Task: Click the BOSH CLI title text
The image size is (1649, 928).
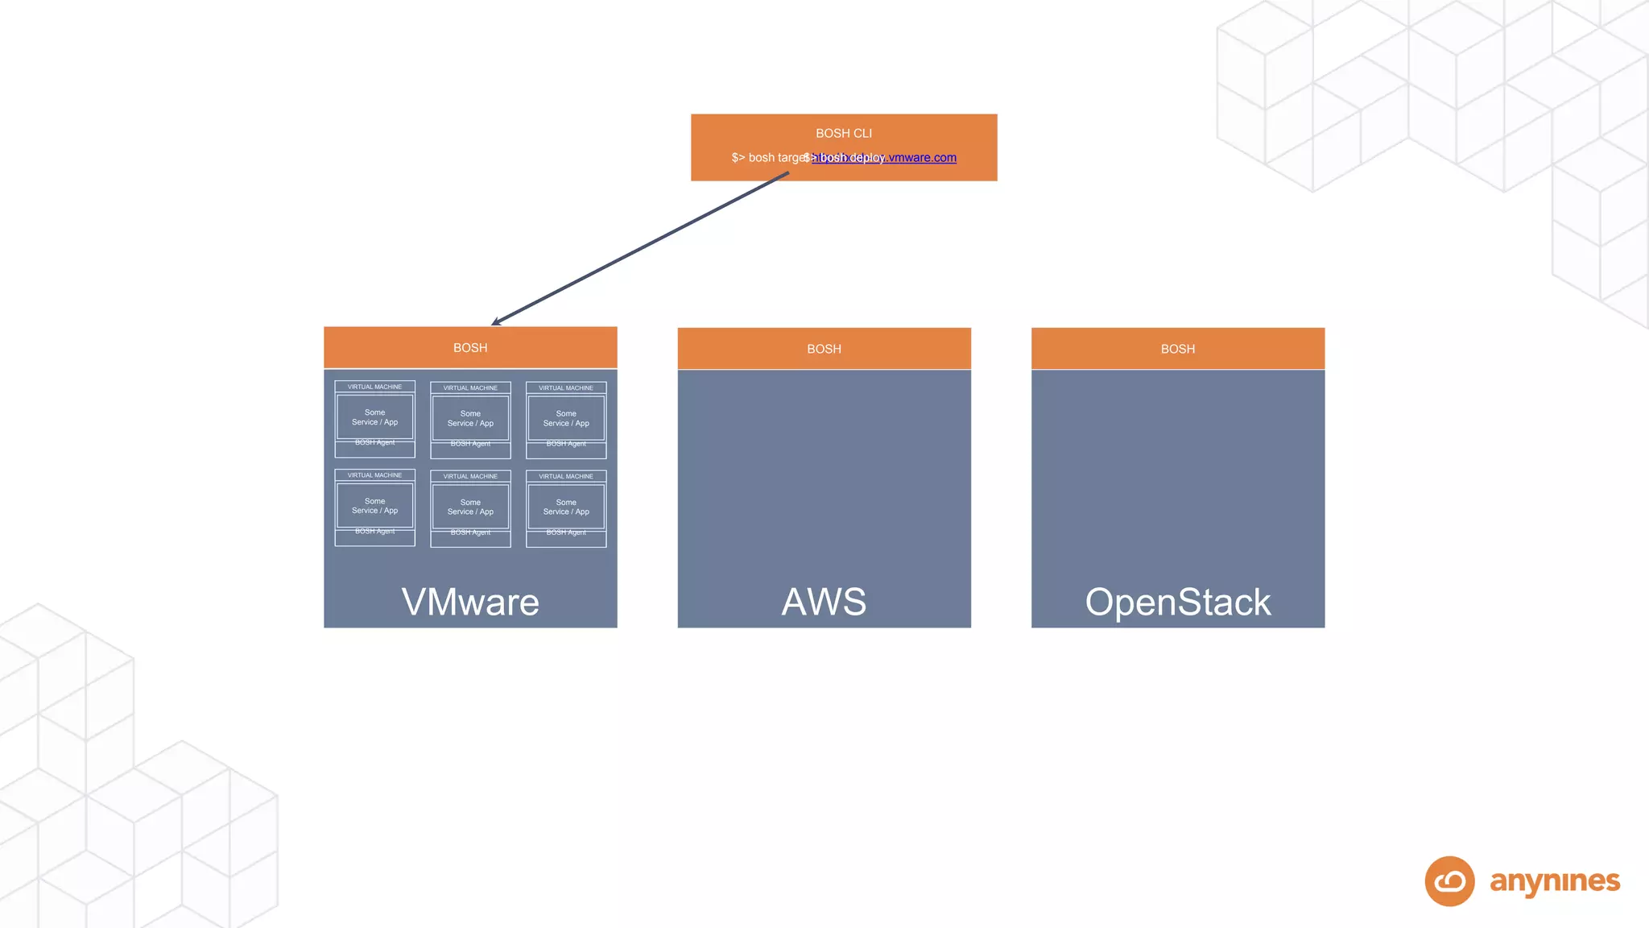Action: click(x=843, y=133)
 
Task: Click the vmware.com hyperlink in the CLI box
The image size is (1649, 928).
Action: click(x=923, y=158)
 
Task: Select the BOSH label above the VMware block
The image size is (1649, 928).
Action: click(x=470, y=348)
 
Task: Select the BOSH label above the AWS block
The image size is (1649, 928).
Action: click(x=824, y=349)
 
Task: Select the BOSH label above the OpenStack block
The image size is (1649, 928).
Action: click(x=1177, y=349)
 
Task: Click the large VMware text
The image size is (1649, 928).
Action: click(x=470, y=602)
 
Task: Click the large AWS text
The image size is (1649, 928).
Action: click(x=824, y=602)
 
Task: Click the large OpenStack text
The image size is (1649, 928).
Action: click(x=1177, y=602)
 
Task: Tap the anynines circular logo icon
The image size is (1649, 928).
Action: click(x=1449, y=881)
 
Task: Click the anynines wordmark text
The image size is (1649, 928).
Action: click(x=1554, y=881)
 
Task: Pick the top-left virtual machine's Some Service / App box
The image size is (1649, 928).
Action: click(x=374, y=417)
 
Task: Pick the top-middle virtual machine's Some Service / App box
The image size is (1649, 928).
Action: click(x=470, y=418)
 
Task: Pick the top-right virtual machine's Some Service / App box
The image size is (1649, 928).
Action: click(x=566, y=418)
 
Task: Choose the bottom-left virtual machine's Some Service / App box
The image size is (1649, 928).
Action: click(x=374, y=506)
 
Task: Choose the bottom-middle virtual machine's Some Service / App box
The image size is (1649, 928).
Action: click(x=470, y=507)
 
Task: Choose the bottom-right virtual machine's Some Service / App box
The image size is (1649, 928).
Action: click(x=566, y=507)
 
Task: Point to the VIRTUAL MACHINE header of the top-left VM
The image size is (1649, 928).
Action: click(x=374, y=387)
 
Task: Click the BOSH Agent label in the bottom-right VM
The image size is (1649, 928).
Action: click(x=566, y=532)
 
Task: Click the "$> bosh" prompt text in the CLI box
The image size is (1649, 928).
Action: click(x=752, y=158)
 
